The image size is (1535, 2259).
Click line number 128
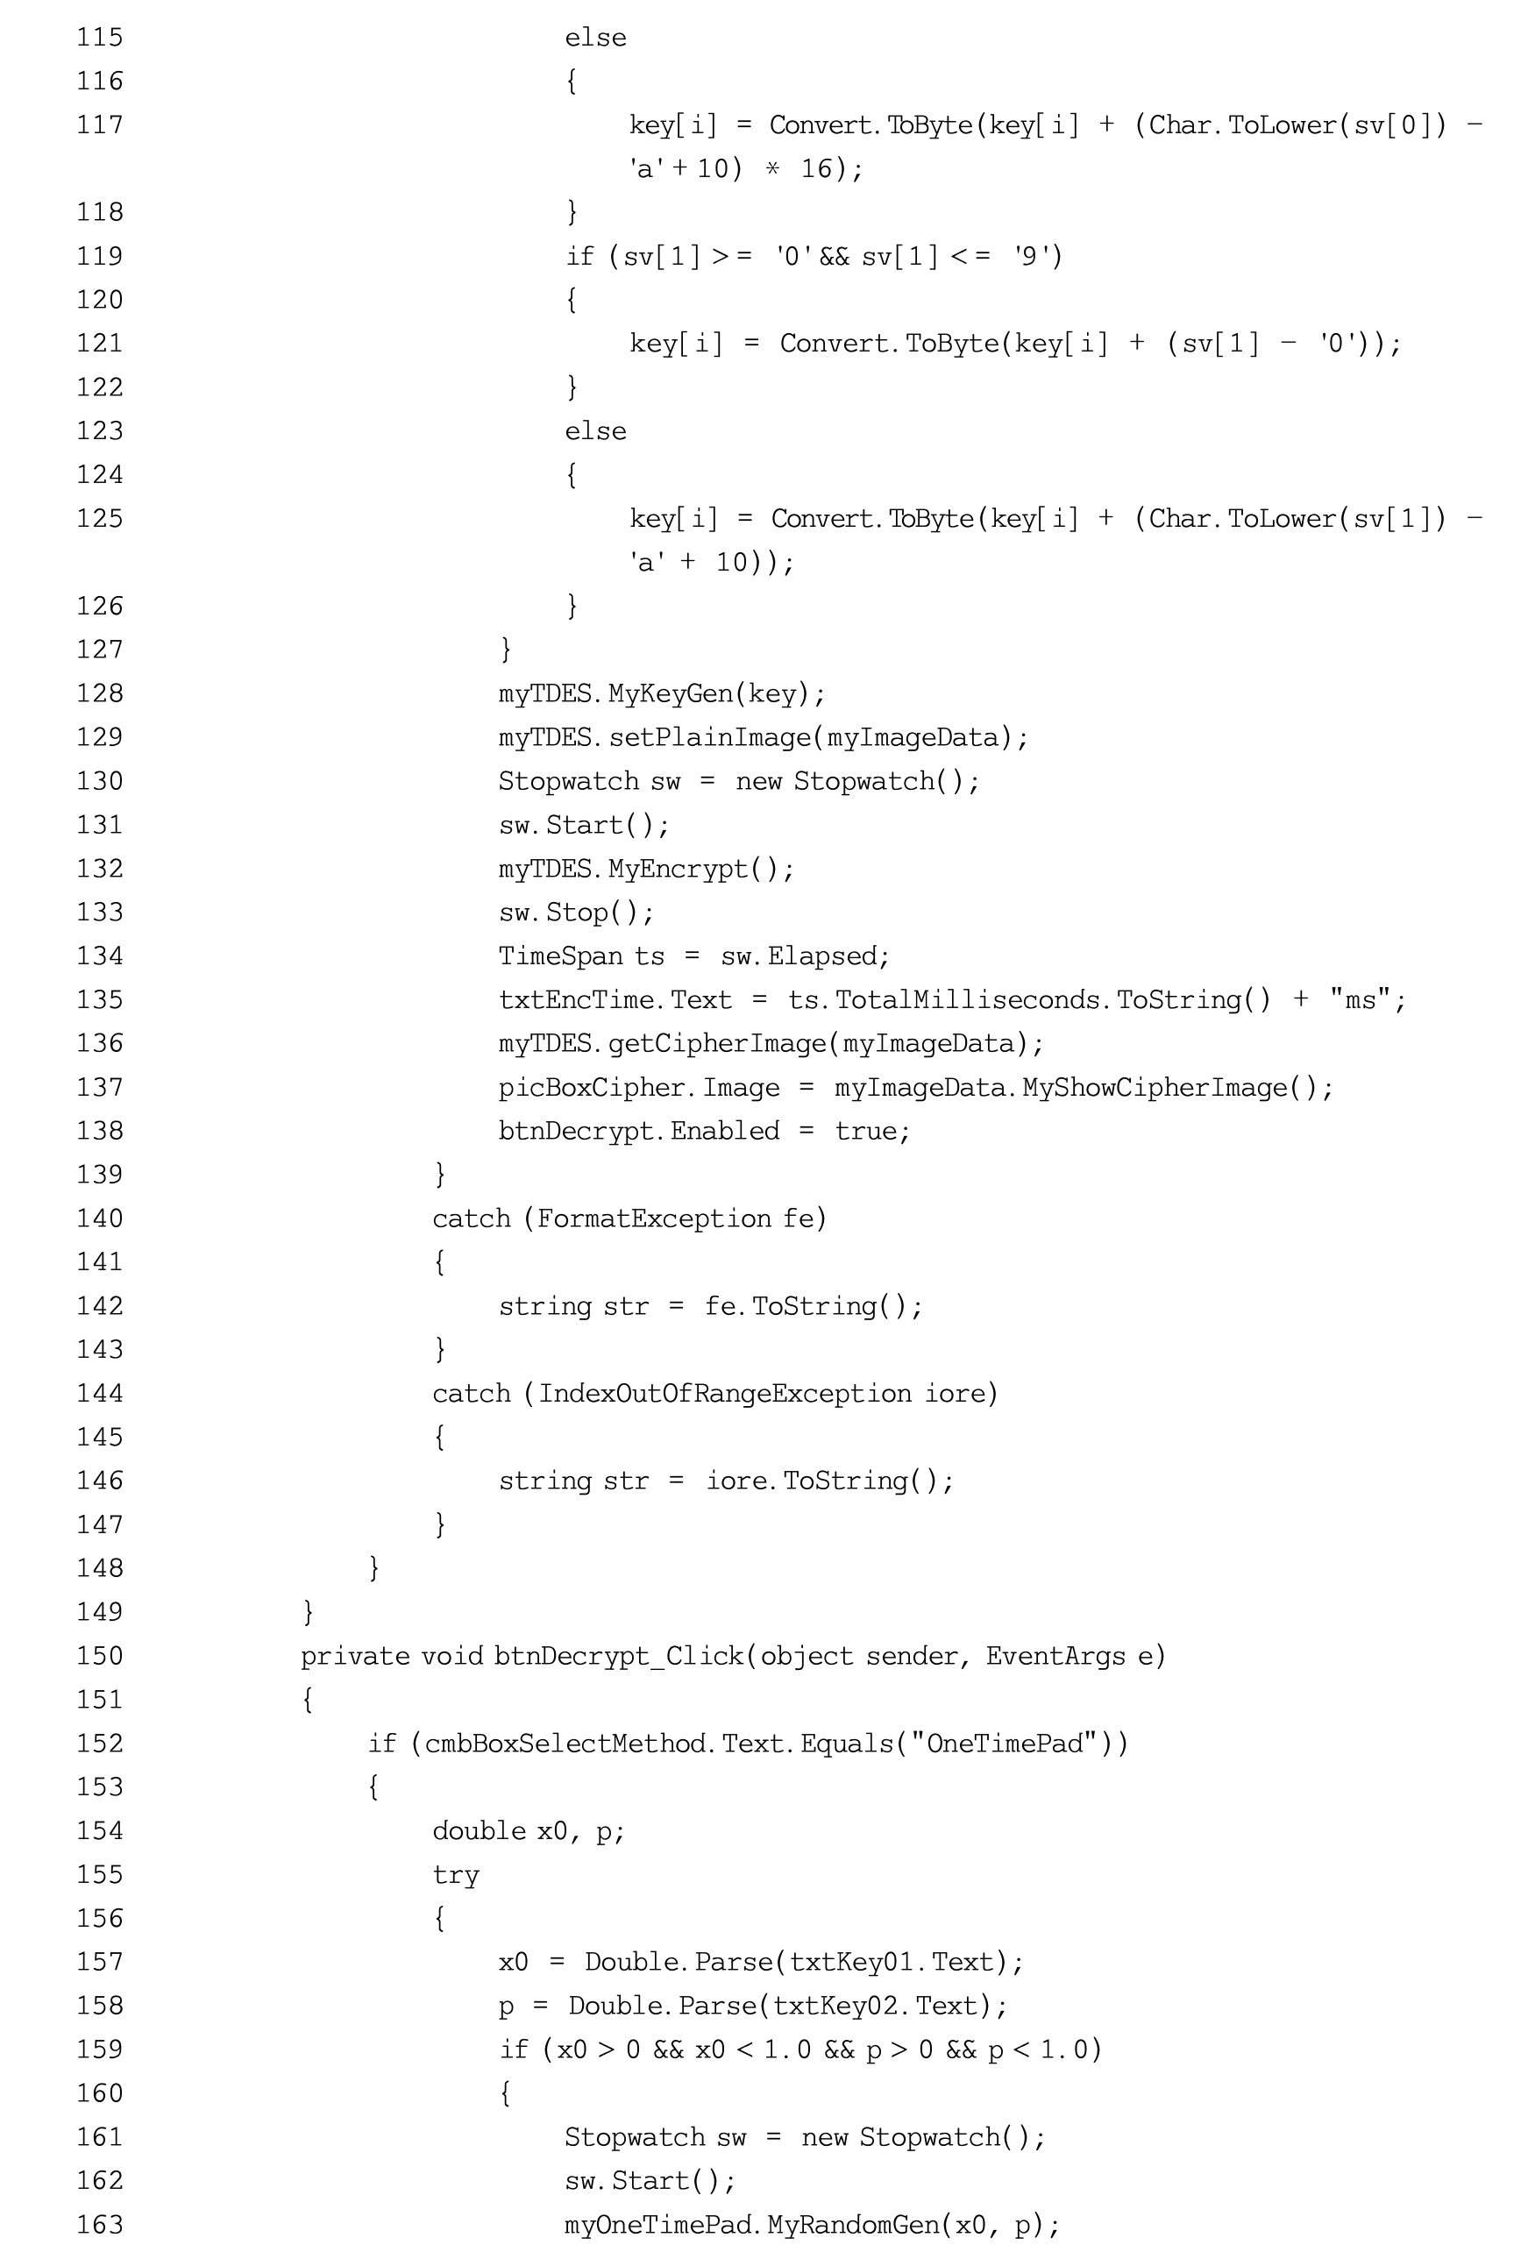100,693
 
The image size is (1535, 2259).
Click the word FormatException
654,1218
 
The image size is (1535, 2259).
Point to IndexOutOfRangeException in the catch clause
725,1393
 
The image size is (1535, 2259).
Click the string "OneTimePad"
1006,1743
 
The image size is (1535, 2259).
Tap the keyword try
456,1874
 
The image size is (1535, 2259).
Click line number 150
100,1655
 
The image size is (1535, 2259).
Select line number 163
100,2224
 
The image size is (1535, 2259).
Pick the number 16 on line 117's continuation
815,168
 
